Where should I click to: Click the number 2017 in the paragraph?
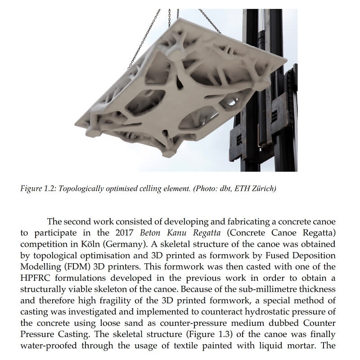tap(126, 233)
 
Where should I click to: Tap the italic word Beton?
tap(152, 233)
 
